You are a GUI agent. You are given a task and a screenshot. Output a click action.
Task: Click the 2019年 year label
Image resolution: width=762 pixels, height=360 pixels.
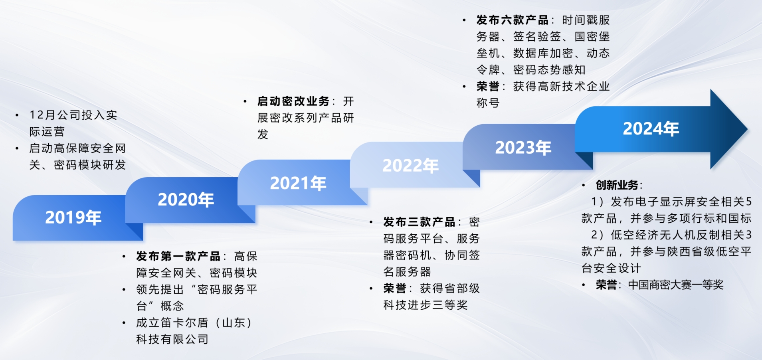73,218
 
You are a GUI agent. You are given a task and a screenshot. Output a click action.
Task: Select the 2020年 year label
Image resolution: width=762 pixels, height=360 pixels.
186,200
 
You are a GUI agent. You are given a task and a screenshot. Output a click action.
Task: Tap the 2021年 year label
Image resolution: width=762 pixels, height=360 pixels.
298,183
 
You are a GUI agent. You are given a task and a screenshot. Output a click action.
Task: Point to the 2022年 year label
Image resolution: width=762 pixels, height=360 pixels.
410,166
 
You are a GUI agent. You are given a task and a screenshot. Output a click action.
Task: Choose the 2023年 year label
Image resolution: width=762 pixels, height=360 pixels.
523,148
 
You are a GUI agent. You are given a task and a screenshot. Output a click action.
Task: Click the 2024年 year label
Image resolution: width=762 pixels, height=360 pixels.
651,129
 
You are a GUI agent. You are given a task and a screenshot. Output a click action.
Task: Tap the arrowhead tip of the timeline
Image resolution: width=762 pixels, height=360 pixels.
747,129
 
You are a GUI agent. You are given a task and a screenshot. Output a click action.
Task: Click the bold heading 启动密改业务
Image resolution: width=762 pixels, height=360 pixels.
293,101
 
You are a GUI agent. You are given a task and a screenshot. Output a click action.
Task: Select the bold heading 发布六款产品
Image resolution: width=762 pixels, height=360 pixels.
512,20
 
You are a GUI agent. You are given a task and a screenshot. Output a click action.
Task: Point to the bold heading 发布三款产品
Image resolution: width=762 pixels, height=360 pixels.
419,222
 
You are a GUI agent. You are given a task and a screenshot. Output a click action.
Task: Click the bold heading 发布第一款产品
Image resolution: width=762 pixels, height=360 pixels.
178,256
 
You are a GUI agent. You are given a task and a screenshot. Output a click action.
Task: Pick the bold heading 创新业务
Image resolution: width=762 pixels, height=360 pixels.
617,185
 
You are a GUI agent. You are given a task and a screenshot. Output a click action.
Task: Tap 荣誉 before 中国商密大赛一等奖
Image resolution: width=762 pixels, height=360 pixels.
606,285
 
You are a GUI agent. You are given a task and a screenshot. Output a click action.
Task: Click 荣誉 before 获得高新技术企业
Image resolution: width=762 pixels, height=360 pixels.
488,87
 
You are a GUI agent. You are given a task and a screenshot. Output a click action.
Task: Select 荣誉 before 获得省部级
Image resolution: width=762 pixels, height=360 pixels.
395,289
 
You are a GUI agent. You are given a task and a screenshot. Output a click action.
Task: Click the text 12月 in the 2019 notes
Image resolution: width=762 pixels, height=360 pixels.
43,115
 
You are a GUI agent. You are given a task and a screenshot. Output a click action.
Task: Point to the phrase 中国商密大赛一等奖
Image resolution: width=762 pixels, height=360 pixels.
676,285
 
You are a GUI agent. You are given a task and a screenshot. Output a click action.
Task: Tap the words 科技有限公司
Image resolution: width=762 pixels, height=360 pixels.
172,339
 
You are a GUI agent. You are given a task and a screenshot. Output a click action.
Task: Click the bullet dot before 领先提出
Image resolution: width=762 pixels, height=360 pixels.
124,290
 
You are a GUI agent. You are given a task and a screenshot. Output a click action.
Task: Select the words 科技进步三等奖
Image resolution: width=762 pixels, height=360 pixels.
426,305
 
